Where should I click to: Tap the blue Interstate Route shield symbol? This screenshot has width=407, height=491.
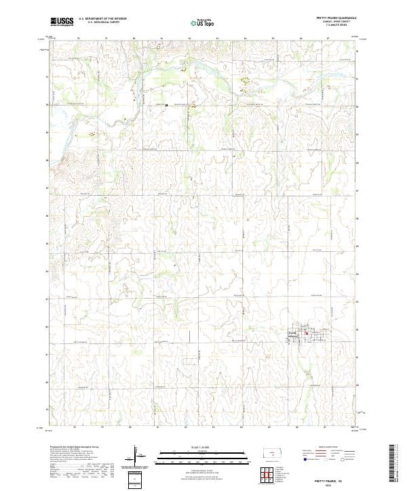coord(299,457)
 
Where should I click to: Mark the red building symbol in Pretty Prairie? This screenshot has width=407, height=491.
coord(306,333)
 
